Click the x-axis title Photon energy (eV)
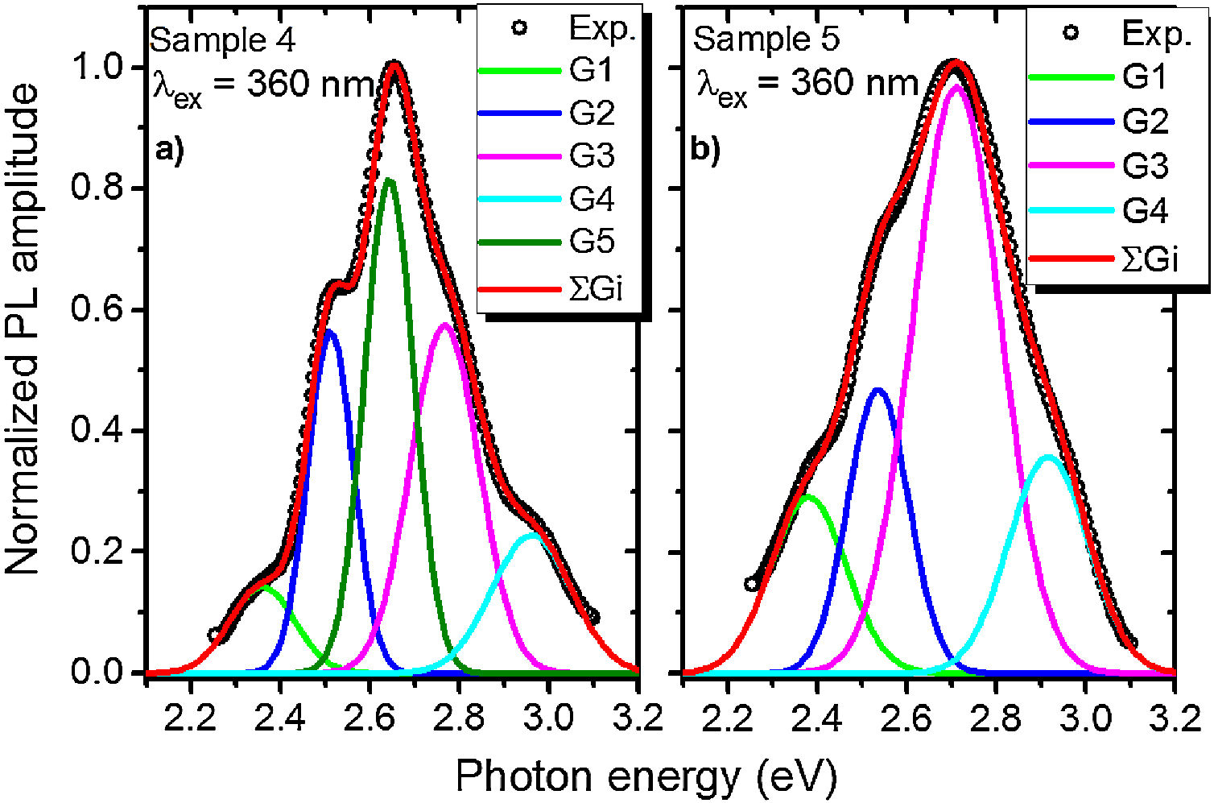(646, 776)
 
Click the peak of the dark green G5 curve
(390, 180)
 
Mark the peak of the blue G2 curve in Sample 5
(877, 390)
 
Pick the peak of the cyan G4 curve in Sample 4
(532, 535)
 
